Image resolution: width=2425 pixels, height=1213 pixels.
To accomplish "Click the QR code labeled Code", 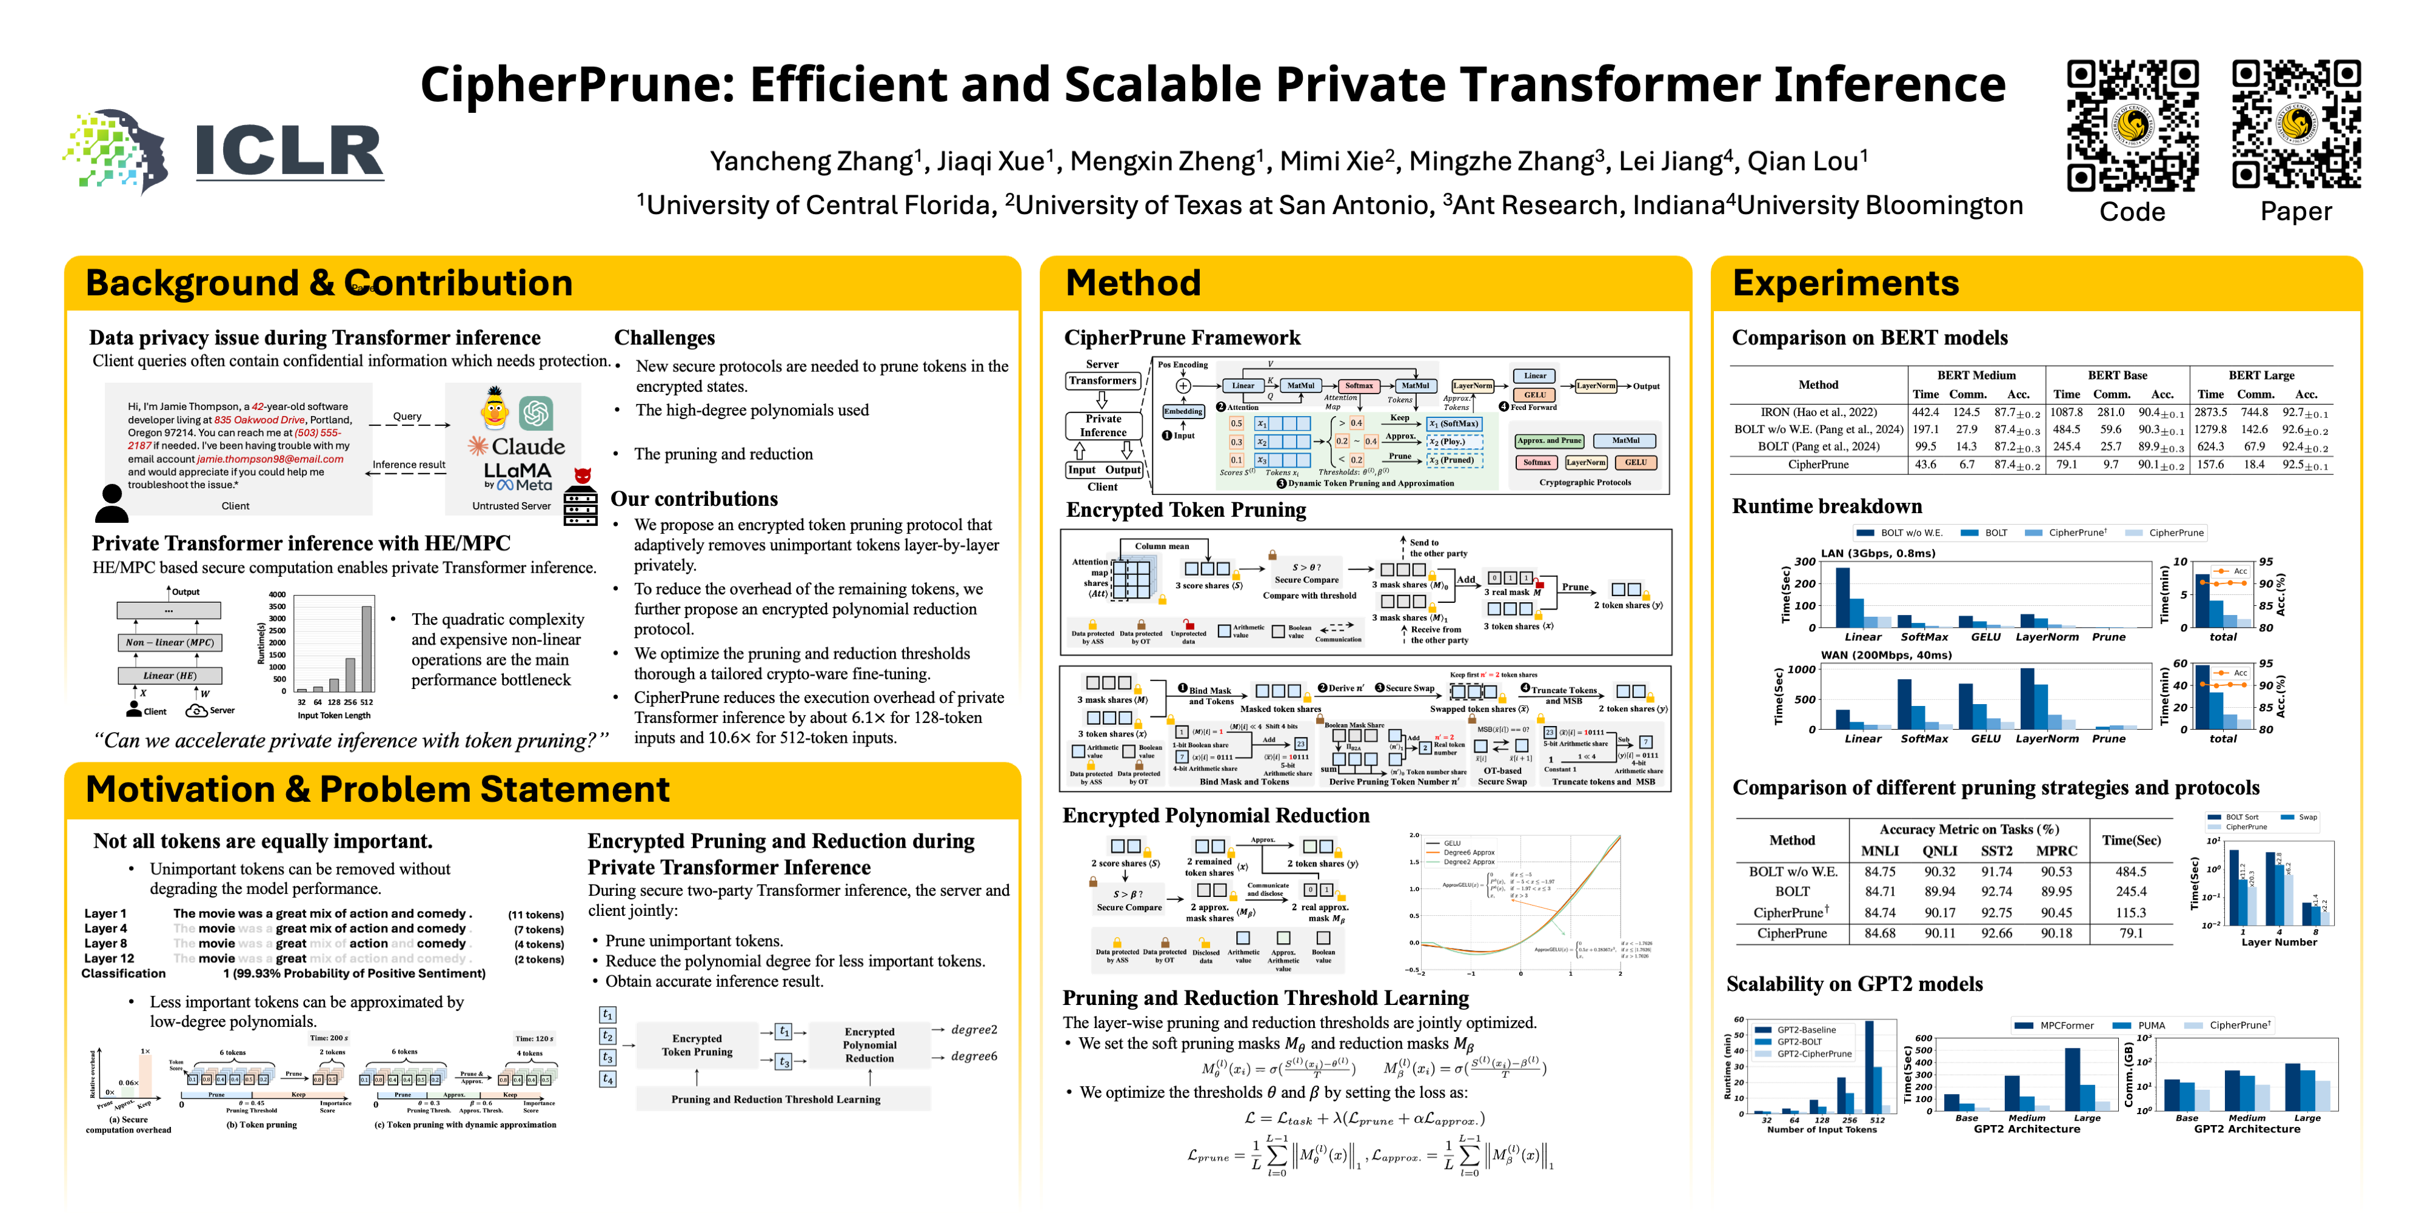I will pos(2132,126).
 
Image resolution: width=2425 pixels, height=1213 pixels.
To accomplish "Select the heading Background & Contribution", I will pos(329,283).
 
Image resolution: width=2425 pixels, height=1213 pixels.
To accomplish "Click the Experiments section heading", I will pos(1845,283).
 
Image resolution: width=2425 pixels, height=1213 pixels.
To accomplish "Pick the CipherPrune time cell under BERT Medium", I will pos(1925,465).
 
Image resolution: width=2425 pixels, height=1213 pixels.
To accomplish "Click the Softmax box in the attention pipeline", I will pos(1359,385).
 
